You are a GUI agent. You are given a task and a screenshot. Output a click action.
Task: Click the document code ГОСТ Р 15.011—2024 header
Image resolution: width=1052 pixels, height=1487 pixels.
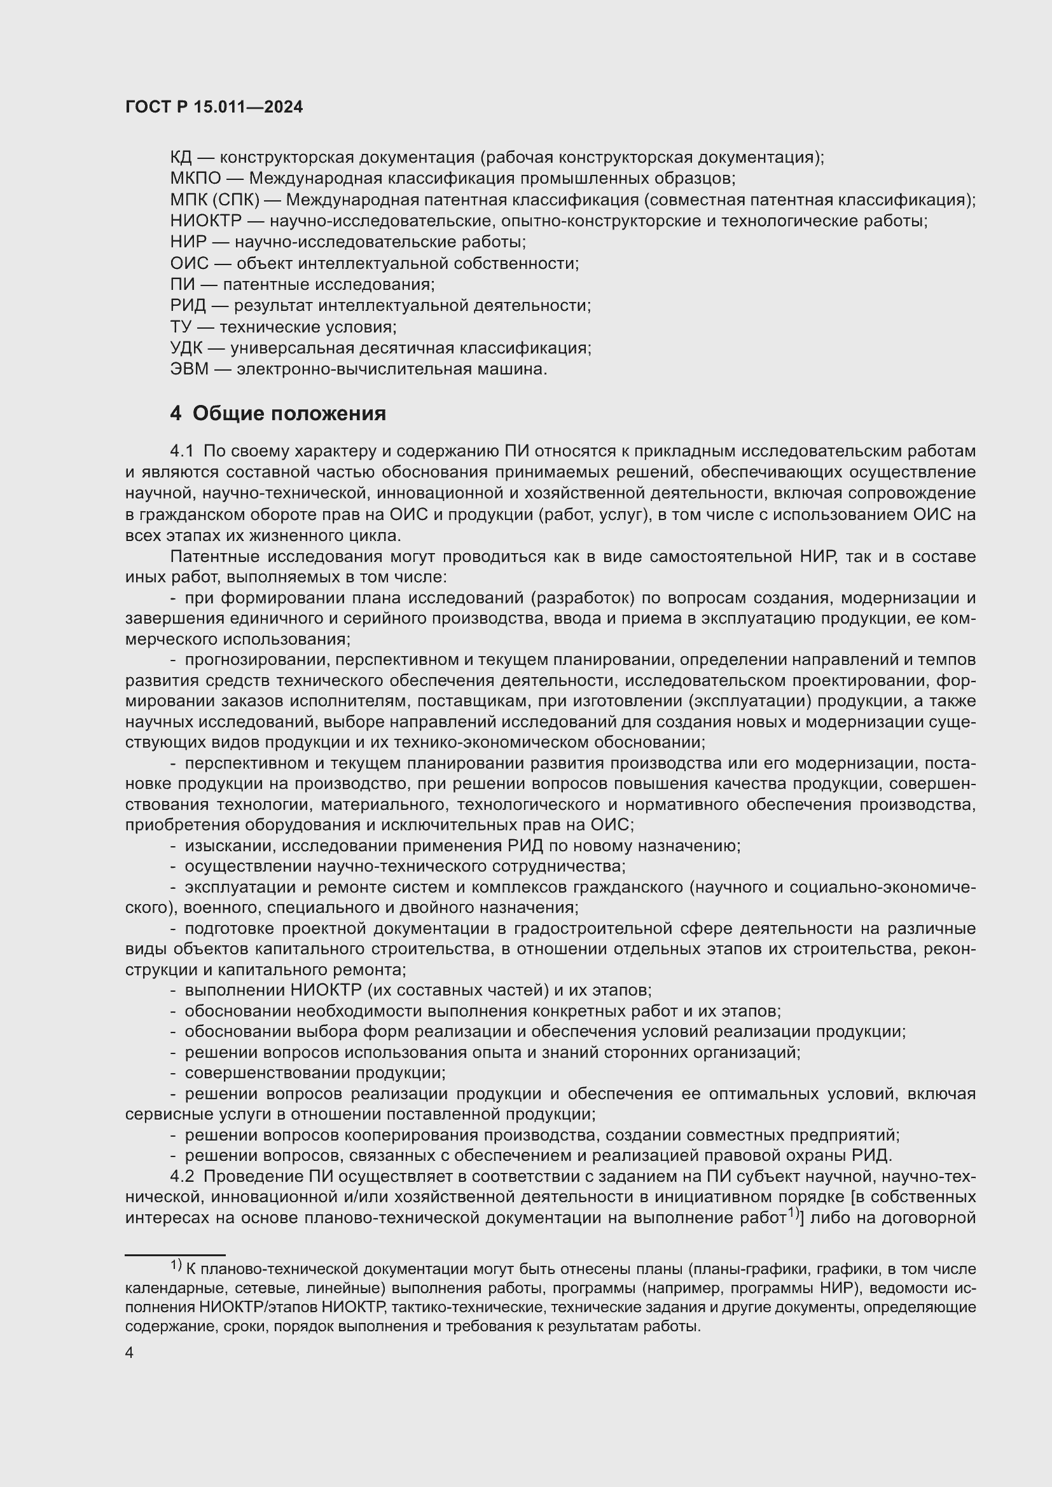tap(214, 107)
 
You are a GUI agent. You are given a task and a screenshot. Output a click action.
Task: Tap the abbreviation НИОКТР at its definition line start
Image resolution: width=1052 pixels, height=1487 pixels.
tap(205, 221)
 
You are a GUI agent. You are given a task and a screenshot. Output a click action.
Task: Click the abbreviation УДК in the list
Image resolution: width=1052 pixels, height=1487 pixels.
tap(186, 348)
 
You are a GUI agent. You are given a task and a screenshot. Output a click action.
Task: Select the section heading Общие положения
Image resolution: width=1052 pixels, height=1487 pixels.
tap(289, 413)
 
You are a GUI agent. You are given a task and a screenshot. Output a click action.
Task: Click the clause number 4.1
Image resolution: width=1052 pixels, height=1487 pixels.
tap(181, 451)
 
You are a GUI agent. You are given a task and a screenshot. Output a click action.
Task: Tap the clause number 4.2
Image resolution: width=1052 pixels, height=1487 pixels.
tap(182, 1176)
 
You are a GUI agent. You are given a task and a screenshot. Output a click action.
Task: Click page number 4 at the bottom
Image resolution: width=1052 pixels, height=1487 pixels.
tap(129, 1353)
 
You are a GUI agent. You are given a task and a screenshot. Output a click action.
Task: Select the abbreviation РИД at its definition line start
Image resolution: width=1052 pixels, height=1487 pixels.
tap(188, 306)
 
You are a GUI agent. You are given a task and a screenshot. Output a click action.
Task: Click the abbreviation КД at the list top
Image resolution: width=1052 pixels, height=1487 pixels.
tap(181, 158)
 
